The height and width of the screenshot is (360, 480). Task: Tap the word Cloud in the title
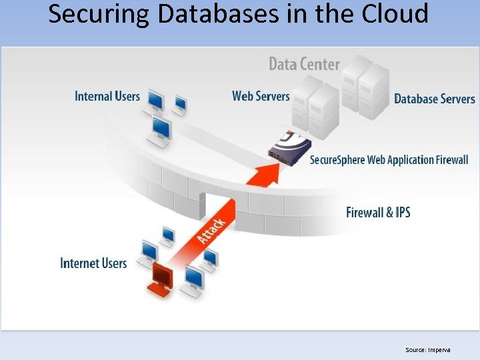(393, 13)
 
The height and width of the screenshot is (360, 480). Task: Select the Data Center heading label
(304, 64)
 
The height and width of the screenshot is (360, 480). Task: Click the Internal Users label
(107, 97)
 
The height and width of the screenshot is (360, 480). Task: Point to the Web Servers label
(261, 96)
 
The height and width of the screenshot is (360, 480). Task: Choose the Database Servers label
(434, 99)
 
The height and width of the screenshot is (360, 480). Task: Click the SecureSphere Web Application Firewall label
(389, 160)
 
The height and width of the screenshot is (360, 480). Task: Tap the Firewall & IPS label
(378, 213)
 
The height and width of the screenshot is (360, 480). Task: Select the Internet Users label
(93, 263)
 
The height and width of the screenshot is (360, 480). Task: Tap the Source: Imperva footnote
(427, 349)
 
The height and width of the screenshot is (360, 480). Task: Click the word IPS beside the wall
(401, 213)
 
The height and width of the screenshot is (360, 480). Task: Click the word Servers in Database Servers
(455, 99)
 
